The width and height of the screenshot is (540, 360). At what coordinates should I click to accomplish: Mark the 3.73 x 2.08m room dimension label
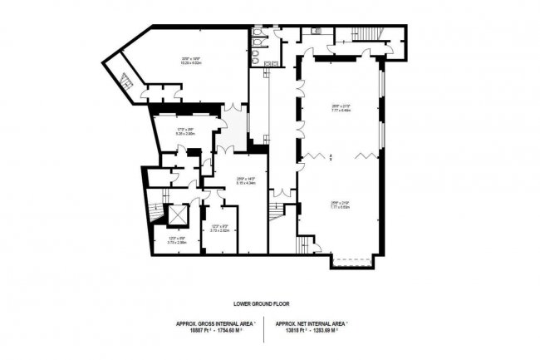click(166, 242)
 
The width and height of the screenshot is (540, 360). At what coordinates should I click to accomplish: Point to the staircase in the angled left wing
click(127, 80)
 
